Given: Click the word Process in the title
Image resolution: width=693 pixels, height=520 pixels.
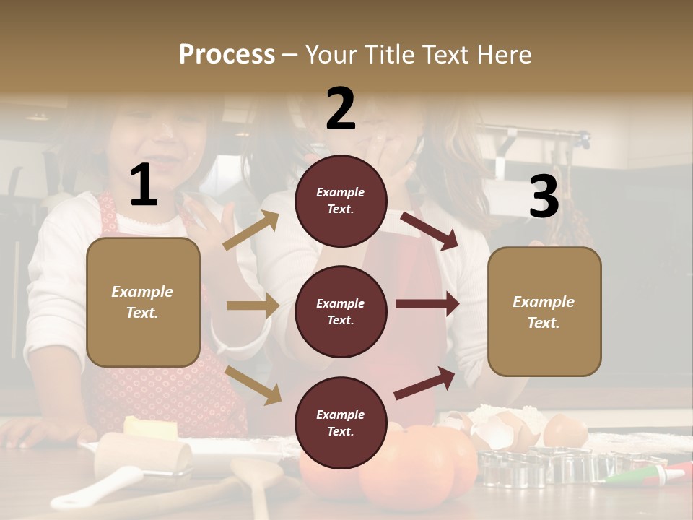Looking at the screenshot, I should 227,54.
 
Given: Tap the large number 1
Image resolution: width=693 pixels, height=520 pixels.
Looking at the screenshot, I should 144,186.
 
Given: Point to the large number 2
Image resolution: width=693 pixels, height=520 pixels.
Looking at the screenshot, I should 341,109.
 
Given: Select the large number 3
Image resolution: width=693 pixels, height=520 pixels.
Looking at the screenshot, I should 544,196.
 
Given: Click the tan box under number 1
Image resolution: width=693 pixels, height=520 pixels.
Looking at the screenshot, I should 143,302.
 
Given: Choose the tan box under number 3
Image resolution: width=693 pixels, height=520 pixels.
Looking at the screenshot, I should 544,312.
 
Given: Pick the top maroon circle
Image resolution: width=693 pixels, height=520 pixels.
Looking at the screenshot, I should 341,201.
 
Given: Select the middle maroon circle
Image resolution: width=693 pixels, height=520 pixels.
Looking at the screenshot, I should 341,311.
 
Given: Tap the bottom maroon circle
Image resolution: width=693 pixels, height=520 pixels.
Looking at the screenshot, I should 341,422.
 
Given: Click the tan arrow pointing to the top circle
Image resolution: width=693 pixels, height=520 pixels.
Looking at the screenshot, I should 251,231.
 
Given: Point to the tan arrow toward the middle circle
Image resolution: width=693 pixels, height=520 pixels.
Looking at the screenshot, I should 252,305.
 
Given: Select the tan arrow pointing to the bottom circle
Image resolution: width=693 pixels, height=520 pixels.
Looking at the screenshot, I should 253,384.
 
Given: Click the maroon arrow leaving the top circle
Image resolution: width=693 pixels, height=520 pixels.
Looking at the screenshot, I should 429,230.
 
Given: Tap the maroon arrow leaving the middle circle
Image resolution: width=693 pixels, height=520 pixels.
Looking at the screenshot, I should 427,304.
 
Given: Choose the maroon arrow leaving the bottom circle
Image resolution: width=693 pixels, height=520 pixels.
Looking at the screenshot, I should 425,383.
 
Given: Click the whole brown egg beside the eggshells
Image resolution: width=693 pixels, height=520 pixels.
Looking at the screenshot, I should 565,432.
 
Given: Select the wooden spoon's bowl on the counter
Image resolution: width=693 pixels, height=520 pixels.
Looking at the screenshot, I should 256,473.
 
